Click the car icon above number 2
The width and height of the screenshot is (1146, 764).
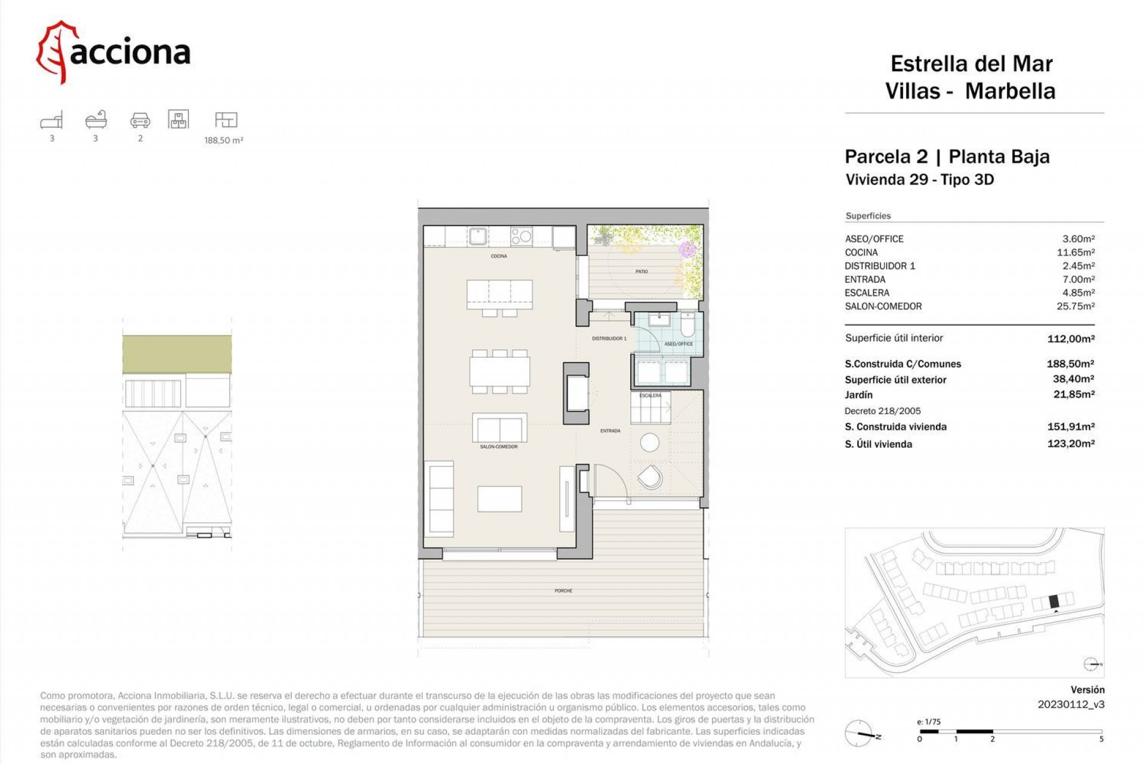point(140,121)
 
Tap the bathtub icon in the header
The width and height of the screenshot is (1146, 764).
point(95,120)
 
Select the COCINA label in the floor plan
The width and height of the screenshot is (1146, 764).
point(498,256)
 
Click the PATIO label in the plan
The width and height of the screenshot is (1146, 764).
point(642,272)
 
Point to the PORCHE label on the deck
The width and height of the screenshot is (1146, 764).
point(563,591)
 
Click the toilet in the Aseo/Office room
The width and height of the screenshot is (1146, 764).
point(688,325)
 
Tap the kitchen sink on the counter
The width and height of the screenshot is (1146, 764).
point(478,236)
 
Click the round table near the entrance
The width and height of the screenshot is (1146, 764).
point(649,442)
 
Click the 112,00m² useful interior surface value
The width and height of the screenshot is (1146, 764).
point(1070,338)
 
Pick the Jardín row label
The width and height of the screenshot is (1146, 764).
point(858,395)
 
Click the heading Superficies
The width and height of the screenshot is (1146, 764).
point(868,216)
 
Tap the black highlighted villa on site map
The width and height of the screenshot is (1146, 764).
point(1053,602)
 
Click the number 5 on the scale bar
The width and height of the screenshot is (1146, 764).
point(1101,739)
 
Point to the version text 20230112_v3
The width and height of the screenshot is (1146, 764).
point(1071,704)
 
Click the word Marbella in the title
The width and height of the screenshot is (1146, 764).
point(1010,91)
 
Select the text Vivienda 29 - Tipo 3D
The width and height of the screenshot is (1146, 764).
point(920,180)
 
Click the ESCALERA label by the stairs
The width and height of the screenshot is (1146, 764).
point(650,395)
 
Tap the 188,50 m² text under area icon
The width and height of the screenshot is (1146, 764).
point(223,141)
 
